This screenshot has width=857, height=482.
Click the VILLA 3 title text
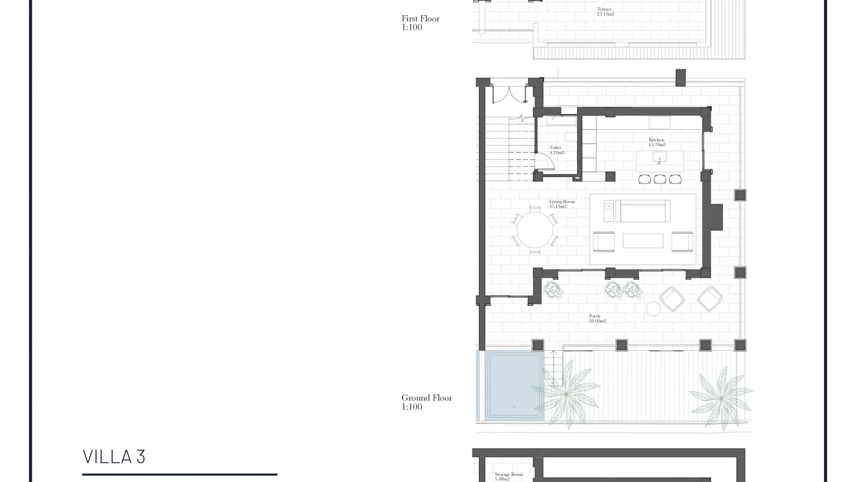pyautogui.click(x=114, y=457)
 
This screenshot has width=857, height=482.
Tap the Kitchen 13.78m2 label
pyautogui.click(x=657, y=142)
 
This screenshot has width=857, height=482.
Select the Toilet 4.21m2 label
pyautogui.click(x=556, y=150)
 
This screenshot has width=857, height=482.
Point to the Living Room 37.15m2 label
pyautogui.click(x=562, y=204)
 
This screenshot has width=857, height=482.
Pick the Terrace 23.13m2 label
pyautogui.click(x=605, y=12)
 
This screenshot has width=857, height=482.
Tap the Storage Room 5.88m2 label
pyautogui.click(x=508, y=477)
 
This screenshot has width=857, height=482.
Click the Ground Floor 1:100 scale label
pyautogui.click(x=426, y=402)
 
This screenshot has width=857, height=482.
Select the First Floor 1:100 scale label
pyautogui.click(x=420, y=23)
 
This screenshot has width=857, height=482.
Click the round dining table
pyautogui.click(x=534, y=230)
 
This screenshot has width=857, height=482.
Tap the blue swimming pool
pyautogui.click(x=514, y=386)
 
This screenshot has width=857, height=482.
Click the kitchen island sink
pyautogui.click(x=659, y=157)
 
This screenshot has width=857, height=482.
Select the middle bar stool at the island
pyautogui.click(x=660, y=179)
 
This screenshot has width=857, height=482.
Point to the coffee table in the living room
pyautogui.click(x=643, y=241)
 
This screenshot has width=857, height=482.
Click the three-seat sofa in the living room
pyautogui.click(x=643, y=211)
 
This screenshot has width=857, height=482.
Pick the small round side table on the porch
pyautogui.click(x=653, y=309)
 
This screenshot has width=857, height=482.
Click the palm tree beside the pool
pyautogui.click(x=566, y=394)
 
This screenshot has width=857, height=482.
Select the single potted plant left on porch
pyautogui.click(x=553, y=291)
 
